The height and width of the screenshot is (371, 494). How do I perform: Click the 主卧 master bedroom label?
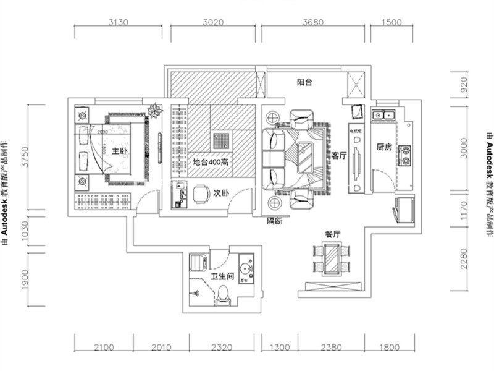click(120, 150)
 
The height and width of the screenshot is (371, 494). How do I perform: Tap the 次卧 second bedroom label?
click(221, 193)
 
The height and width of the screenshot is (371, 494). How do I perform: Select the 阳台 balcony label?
click(304, 82)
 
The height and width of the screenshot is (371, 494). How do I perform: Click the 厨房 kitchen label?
click(383, 148)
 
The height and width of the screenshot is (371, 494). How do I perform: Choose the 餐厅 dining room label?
click(333, 234)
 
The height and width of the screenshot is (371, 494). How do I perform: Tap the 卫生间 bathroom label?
click(220, 277)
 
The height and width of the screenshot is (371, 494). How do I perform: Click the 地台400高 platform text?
click(211, 162)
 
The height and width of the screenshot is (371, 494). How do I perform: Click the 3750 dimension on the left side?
click(25, 157)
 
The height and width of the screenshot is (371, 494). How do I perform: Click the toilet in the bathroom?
click(225, 296)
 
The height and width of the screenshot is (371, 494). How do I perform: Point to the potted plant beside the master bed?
click(154, 111)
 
